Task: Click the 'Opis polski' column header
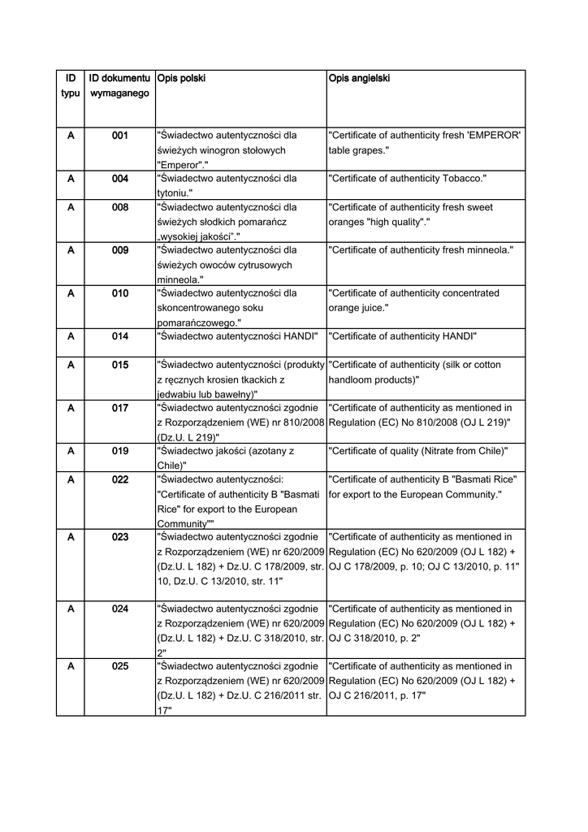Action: pos(180,79)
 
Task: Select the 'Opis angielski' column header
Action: pos(359,79)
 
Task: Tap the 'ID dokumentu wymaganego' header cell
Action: pos(119,86)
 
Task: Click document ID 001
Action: pos(120,136)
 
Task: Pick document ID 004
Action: pos(120,178)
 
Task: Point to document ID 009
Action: pos(120,250)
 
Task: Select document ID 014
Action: pos(120,336)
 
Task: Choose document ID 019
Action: pos(120,450)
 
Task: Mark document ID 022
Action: pos(120,479)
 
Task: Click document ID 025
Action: pos(120,666)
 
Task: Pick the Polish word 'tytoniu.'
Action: pos(174,193)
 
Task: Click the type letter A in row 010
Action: pos(71,293)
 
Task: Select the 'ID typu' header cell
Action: pos(71,86)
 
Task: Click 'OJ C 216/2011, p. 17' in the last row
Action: pos(377,696)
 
